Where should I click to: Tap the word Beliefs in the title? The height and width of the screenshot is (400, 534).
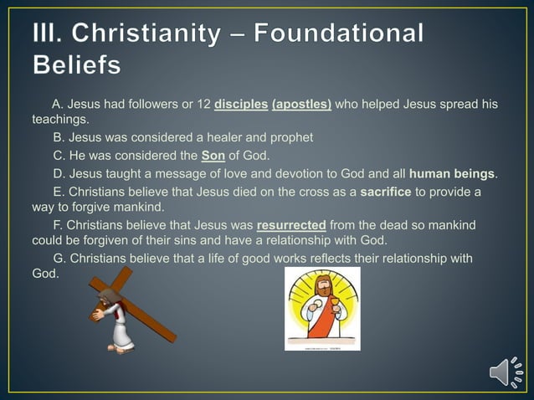point(76,64)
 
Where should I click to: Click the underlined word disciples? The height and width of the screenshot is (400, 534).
point(240,105)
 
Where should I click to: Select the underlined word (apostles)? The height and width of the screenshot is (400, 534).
point(301,105)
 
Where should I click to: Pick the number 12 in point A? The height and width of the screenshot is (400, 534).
point(201,105)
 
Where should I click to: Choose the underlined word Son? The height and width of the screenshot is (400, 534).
point(213,156)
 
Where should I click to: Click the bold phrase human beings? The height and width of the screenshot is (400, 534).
point(452,174)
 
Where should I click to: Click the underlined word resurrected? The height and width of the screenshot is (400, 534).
point(291,225)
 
